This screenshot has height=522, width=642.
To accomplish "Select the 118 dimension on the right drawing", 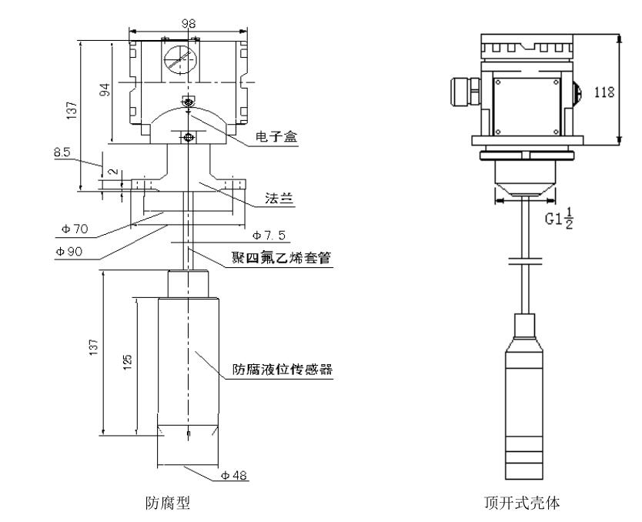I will coord(605,92).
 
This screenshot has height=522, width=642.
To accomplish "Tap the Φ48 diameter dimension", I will coord(235,476).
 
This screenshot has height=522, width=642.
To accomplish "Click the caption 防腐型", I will coord(169,504).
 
